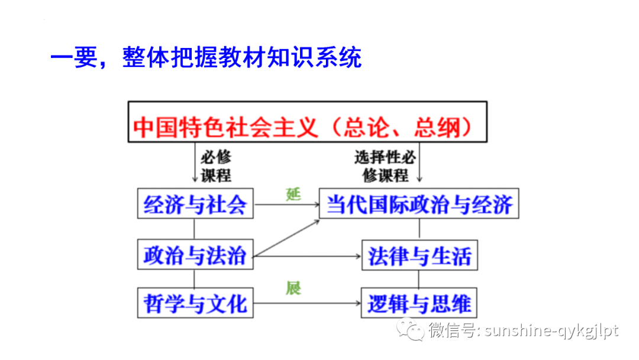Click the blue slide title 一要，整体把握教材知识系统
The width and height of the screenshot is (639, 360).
[x=205, y=59]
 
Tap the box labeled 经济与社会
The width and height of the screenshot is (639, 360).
[x=195, y=204]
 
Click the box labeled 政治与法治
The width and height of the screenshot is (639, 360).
[x=194, y=256]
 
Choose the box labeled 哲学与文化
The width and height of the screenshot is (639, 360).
[x=194, y=303]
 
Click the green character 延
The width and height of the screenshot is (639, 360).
[x=293, y=194]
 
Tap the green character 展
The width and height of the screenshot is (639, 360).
[x=293, y=288]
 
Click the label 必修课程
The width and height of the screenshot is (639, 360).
[x=215, y=166]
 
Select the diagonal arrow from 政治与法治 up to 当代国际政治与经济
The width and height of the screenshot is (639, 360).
[x=287, y=238]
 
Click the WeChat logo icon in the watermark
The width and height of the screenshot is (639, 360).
[x=410, y=329]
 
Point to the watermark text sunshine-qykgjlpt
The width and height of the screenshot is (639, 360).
[x=551, y=330]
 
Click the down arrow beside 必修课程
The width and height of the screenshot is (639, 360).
[x=195, y=165]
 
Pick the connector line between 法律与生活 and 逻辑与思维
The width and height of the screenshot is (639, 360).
[x=419, y=278]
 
